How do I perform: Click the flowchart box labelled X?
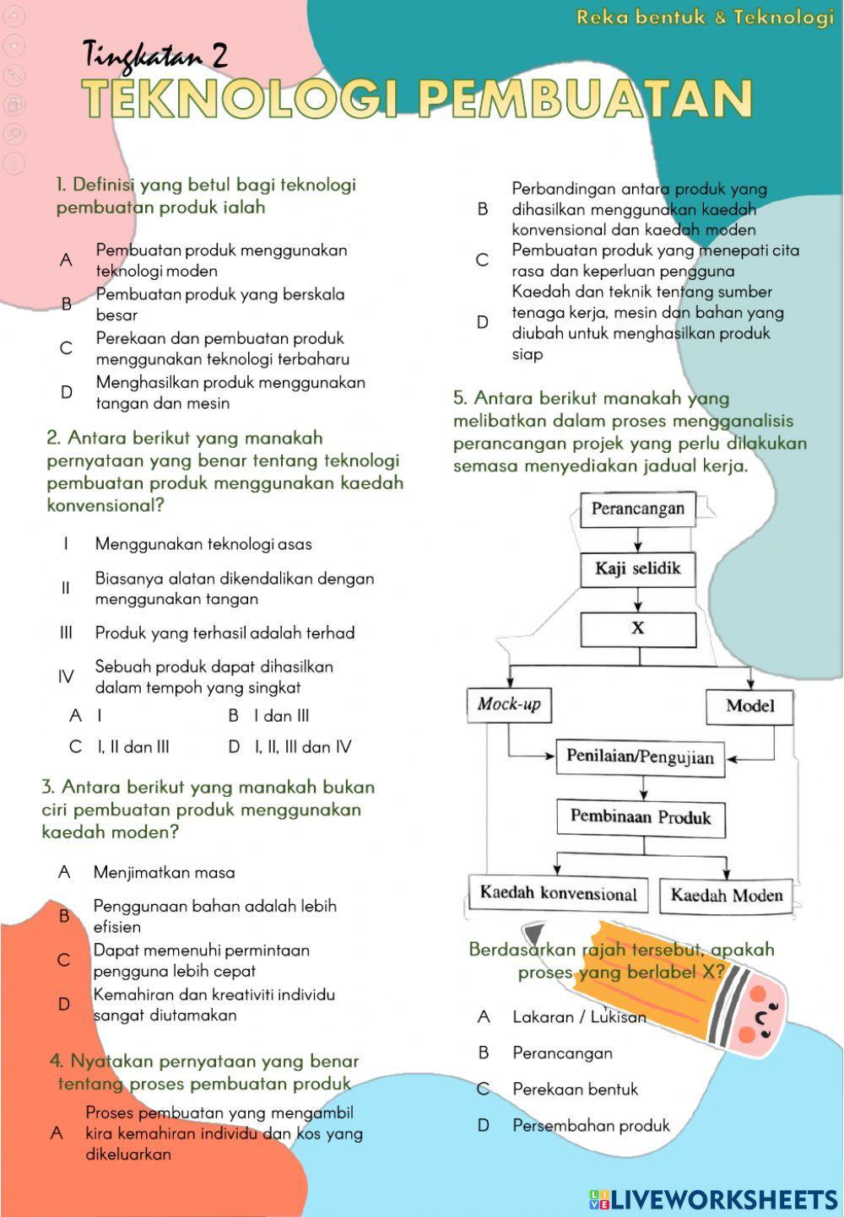coord(638,628)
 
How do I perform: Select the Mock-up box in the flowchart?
coord(509,705)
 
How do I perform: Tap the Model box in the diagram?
coord(749,706)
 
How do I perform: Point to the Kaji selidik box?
coord(637,568)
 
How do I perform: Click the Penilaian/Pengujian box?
coord(640,757)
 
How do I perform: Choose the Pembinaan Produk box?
coord(641,816)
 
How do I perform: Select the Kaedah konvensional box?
coord(558,893)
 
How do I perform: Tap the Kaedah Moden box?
coord(726,895)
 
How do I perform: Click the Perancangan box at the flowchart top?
coord(637,509)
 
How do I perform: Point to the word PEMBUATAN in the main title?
coord(584,99)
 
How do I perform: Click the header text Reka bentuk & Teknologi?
coord(705,17)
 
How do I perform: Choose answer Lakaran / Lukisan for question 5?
coord(579,1017)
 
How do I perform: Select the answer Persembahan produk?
coord(591,1125)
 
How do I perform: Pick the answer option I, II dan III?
coord(133,746)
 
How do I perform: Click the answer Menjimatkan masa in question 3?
coord(165,872)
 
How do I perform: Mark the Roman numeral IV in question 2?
coord(66,676)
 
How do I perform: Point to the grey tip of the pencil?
coord(538,934)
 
